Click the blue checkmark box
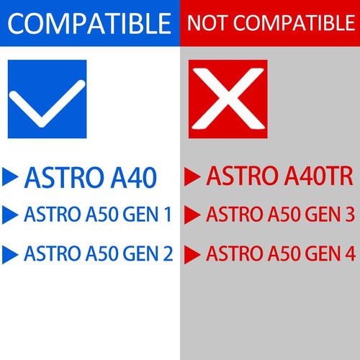[x=46, y=99]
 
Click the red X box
[x=228, y=99]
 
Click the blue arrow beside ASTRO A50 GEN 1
[x=11, y=215]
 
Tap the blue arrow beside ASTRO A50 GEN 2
[x=11, y=254]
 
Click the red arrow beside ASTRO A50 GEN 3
[x=192, y=215]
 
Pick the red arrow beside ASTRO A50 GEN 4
[x=192, y=254]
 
